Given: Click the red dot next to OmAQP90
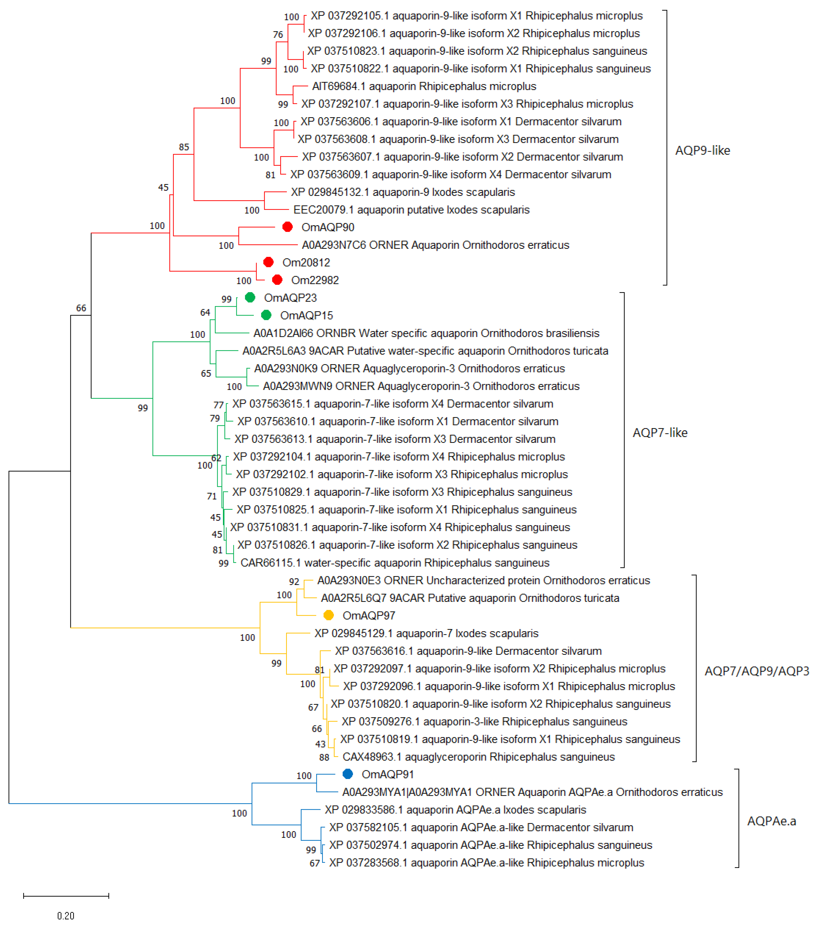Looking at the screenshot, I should (287, 227).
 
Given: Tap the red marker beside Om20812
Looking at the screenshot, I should (268, 262).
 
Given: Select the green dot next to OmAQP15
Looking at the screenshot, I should (267, 315).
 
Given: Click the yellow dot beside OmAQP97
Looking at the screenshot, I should (329, 615).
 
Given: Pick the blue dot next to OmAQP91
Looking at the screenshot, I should (347, 774).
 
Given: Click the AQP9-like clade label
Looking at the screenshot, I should (702, 150).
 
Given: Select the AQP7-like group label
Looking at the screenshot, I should (660, 433).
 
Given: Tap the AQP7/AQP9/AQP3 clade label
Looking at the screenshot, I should (756, 671).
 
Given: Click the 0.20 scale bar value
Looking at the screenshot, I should (66, 916).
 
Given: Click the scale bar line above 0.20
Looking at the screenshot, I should (66, 896).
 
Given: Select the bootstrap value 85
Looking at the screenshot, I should (184, 147).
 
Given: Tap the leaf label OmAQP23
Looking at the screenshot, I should (290, 298).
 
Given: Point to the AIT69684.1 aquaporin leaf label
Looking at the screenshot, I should (424, 86).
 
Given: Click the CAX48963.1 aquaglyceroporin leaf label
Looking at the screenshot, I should (479, 757).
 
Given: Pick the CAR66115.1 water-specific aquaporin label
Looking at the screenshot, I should (395, 563).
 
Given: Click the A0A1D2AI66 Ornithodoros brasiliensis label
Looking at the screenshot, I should (426, 333).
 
